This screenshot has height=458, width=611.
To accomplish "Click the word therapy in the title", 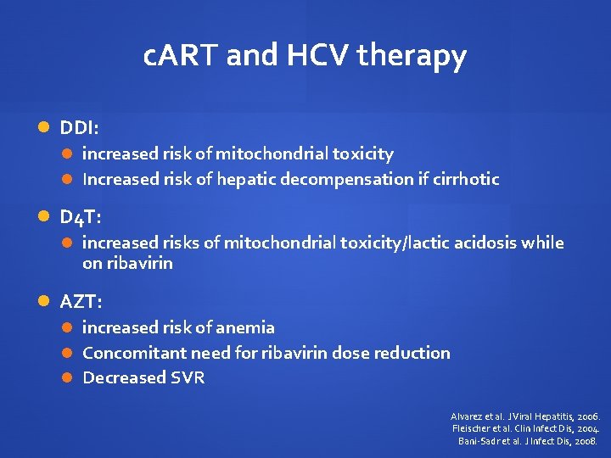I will (x=412, y=58).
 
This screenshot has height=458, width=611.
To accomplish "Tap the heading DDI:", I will (x=79, y=128).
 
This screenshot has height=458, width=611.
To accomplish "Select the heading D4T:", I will (x=81, y=217).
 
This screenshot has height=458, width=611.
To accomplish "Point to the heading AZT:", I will (x=81, y=301).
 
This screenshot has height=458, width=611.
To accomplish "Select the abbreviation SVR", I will (x=188, y=377).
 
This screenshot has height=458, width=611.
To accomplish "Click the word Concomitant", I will (x=131, y=352).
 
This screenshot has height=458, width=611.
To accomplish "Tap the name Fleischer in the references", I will (x=474, y=429).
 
